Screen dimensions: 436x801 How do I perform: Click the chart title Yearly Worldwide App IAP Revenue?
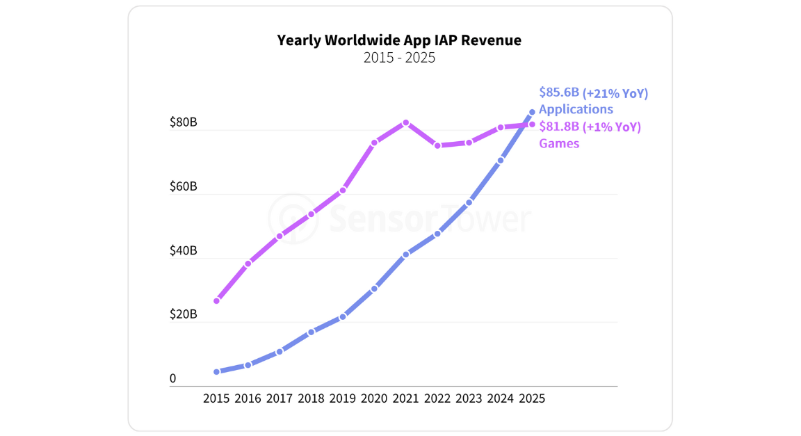[x=399, y=40]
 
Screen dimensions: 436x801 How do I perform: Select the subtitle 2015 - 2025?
[x=399, y=58]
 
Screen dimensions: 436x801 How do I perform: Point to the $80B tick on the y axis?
[x=184, y=122]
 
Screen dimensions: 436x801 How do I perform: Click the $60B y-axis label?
[x=184, y=186]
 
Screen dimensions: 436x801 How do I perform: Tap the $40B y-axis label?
[x=184, y=250]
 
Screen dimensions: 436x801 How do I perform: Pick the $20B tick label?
[x=184, y=314]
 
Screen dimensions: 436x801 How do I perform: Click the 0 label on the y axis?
[x=173, y=379]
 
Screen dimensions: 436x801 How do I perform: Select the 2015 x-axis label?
[x=216, y=398]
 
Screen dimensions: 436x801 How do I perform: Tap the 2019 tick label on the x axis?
[x=343, y=398]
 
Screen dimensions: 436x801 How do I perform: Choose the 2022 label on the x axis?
[x=437, y=398]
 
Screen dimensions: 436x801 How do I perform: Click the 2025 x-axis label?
[x=532, y=398]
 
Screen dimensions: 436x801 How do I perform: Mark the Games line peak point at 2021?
[x=406, y=122]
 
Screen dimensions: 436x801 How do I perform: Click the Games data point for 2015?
[x=216, y=301]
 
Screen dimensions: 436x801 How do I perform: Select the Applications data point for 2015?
[x=216, y=372]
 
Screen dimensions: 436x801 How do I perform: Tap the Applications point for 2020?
[x=374, y=289]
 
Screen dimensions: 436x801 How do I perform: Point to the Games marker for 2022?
[x=437, y=145]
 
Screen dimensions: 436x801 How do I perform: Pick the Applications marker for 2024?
[x=501, y=161]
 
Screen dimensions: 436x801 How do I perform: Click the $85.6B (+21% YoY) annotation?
[x=593, y=93]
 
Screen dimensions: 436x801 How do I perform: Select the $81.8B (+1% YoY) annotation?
[x=590, y=127]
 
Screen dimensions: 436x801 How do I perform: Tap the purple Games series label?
[x=558, y=143]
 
